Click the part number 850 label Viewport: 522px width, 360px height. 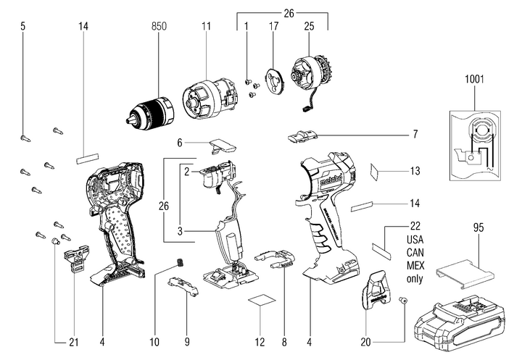point(159,26)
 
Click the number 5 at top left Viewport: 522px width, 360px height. point(22,26)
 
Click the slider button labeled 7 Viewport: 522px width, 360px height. point(303,134)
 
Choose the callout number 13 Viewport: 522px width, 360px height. point(415,171)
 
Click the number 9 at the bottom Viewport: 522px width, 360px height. point(186,340)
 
